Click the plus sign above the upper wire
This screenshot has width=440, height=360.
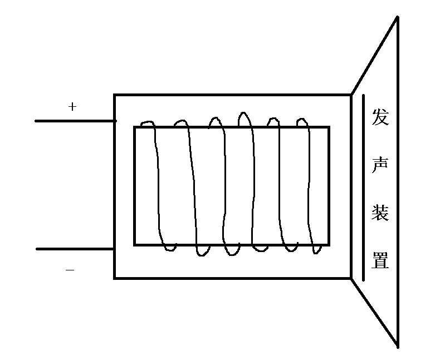tap(72, 107)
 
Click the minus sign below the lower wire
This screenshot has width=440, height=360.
tap(70, 270)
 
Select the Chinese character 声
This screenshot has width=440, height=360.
tap(380, 165)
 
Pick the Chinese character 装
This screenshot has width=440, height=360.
tap(380, 213)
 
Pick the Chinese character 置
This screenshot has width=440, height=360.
tap(380, 260)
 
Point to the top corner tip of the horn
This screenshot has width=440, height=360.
tap(397, 18)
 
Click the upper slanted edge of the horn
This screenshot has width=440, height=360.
tap(374, 56)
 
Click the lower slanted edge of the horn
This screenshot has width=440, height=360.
tap(374, 312)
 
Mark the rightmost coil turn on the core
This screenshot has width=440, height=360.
tap(308, 184)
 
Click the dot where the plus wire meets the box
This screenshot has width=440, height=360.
tap(115, 121)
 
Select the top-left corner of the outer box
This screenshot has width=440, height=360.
tap(115, 95)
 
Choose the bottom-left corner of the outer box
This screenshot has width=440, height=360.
tap(115, 277)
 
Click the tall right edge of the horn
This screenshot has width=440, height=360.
tap(398, 184)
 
